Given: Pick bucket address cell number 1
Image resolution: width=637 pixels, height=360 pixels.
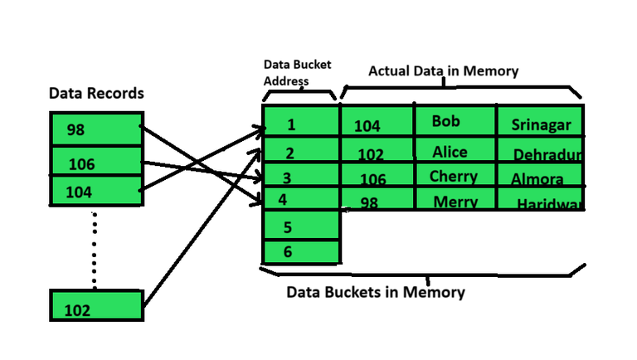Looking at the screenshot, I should click(300, 124).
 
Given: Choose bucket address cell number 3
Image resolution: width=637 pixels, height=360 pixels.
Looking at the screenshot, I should click(300, 178).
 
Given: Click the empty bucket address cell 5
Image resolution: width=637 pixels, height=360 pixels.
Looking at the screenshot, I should click(300, 226).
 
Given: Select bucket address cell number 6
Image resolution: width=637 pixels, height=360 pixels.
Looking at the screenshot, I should click(300, 251).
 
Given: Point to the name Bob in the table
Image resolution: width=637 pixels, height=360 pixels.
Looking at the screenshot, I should click(446, 121).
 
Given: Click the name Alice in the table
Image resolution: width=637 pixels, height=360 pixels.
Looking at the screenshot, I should click(450, 152).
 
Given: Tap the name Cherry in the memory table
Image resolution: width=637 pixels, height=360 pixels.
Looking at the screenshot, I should click(453, 177).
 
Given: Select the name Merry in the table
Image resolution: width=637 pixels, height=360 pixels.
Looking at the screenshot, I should click(455, 202).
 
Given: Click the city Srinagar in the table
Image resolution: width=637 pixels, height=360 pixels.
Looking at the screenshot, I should click(541, 125).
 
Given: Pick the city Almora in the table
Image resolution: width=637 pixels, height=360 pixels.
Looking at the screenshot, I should click(537, 179).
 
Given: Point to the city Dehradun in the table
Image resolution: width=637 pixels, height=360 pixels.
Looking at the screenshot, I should click(547, 155).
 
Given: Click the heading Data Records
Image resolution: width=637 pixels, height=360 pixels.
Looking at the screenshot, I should click(96, 94).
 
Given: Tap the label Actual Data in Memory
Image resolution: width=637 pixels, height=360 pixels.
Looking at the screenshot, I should click(443, 71).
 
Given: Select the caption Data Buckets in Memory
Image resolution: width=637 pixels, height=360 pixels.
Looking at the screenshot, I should click(376, 292).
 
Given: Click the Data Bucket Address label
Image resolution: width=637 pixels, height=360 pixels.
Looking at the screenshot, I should click(286, 72).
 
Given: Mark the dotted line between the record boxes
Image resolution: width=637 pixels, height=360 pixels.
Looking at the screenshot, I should click(94, 249).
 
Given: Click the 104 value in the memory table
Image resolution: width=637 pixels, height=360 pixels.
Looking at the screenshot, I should click(367, 126).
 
